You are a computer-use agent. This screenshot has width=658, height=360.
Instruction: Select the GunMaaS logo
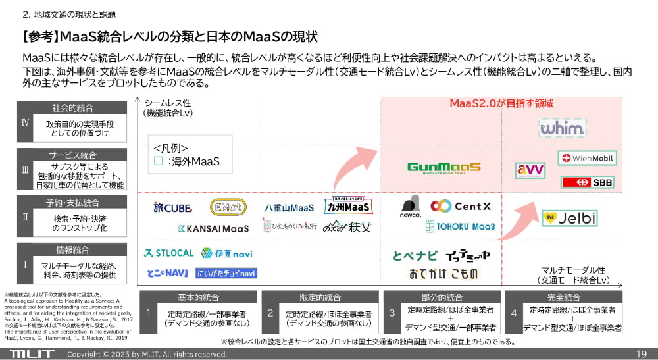point(444,168)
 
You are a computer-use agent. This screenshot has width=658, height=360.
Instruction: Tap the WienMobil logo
point(587,159)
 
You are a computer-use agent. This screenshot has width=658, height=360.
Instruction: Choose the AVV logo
point(530,170)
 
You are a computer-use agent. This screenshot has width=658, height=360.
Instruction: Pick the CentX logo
point(461,206)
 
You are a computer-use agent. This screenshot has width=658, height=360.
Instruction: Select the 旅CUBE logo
point(172,207)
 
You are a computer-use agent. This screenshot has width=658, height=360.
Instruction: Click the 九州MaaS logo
point(349,207)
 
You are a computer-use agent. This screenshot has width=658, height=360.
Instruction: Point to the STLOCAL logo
point(168,253)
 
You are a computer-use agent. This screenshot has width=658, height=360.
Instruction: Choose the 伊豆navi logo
point(218,253)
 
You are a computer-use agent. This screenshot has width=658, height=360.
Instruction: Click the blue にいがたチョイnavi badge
point(226,272)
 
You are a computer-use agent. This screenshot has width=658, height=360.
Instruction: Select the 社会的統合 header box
point(72,107)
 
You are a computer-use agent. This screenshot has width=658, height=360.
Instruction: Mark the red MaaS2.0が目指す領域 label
point(501,103)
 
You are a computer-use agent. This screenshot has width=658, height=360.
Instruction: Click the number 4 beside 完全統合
point(514,313)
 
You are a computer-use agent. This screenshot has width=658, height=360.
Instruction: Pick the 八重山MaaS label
point(290,207)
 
